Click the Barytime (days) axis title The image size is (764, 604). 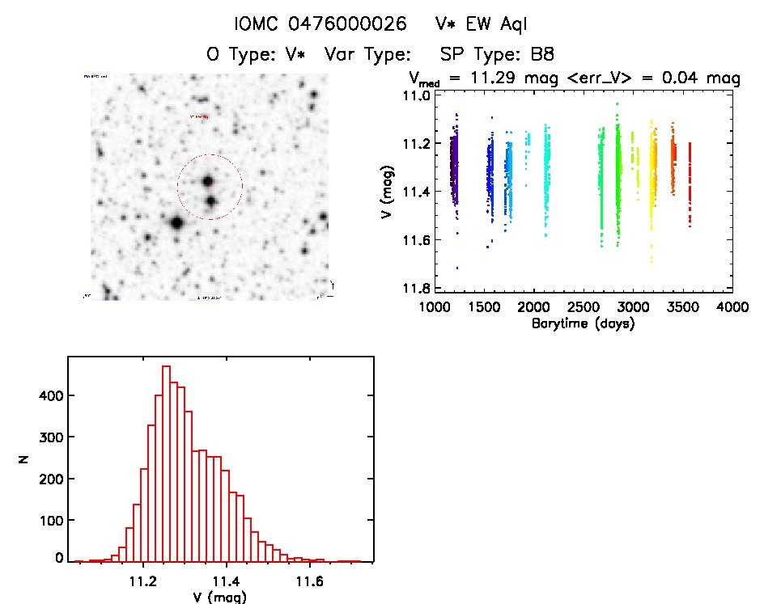pyautogui.click(x=583, y=323)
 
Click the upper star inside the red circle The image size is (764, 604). pyautogui.click(x=209, y=181)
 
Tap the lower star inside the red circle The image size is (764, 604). pyautogui.click(x=210, y=201)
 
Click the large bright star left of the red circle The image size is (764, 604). pyautogui.click(x=176, y=222)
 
